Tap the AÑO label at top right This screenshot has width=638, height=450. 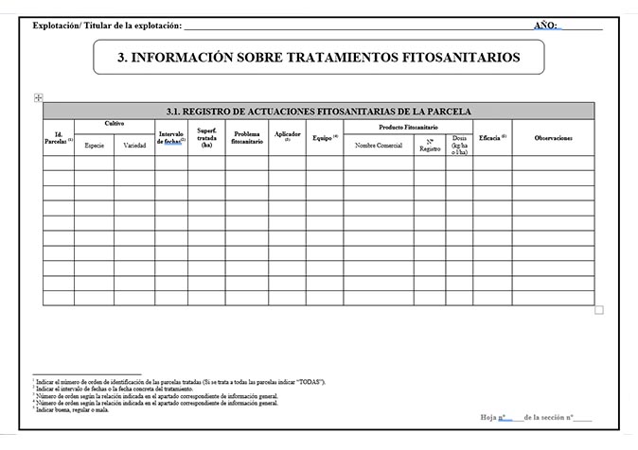pos(546,26)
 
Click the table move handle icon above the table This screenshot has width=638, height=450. pos(38,97)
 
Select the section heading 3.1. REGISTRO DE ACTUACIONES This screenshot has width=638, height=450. pos(318,111)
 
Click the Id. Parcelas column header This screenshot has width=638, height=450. pos(58,138)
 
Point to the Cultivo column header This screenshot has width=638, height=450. pos(115,125)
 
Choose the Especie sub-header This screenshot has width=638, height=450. pos(95,146)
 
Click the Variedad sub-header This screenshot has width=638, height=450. pos(133,146)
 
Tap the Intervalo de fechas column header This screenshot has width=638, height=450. pos(171,138)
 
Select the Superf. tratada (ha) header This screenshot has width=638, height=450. pos(206,138)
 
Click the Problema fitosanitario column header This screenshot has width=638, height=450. pos(247,138)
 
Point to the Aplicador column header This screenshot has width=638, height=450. pos(287,136)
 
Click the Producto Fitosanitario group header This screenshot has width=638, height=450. pos(407,126)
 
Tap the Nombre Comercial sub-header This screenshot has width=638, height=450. pos(379,146)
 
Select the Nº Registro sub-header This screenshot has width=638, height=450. pos(429,146)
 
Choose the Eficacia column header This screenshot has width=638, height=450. pos(492,138)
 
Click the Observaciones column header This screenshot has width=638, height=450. pos(553,138)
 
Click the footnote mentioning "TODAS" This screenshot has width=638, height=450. pos(180,382)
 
